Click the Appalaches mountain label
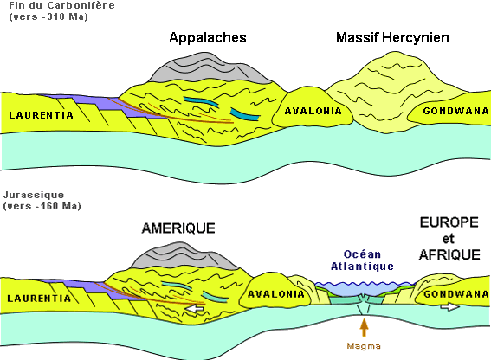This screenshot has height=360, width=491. (x=208, y=38)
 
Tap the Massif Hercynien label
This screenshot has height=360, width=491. (x=392, y=37)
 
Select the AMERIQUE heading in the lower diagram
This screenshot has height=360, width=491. (x=178, y=228)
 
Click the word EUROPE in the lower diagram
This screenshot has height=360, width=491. (x=449, y=222)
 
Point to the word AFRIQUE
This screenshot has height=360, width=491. (x=449, y=254)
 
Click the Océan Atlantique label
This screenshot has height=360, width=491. (x=362, y=260)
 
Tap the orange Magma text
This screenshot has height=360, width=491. (x=364, y=346)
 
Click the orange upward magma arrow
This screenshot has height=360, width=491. (x=364, y=327)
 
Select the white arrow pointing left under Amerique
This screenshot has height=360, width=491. (x=194, y=309)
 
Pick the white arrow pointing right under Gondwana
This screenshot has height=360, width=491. (x=450, y=307)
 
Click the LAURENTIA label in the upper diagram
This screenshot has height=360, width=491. (x=41, y=115)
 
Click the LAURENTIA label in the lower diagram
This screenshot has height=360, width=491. (x=39, y=299)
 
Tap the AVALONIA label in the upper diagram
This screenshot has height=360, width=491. (x=313, y=111)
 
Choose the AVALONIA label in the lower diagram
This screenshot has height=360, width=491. (x=276, y=294)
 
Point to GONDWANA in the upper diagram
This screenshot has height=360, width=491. (x=455, y=111)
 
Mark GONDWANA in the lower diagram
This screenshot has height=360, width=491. (x=456, y=294)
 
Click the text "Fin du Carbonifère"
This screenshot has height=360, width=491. (x=61, y=5)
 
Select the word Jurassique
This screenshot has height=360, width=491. (x=34, y=195)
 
